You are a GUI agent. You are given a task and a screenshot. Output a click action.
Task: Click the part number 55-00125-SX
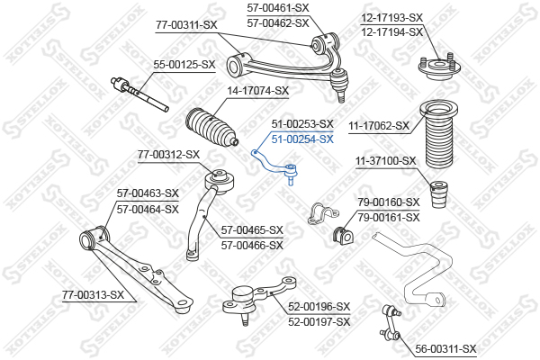pos(184,65)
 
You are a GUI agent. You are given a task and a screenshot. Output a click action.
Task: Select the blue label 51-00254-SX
pos(302,139)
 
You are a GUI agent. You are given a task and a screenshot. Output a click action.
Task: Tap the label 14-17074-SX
pos(257,91)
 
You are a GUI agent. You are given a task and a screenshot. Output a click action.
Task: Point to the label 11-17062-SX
pos(379,126)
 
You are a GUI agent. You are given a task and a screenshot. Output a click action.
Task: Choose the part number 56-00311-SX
pos(445,349)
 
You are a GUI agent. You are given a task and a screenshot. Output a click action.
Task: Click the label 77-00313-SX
pos(93,295)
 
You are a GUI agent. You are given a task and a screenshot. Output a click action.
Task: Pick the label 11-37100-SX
pos(386,160)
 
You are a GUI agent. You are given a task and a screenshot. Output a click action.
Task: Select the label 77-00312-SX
pos(169,154)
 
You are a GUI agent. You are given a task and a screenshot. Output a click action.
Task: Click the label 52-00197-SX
pos(319,322)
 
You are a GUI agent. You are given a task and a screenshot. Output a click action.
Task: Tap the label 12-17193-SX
pos(391,17)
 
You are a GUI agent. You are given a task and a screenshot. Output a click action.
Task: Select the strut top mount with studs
pos(439,67)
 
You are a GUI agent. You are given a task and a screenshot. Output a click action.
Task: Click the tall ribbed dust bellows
pos(439,135)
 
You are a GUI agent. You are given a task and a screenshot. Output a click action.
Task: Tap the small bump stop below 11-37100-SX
pos(439,194)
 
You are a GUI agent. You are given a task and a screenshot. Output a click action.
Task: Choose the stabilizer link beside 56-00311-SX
pos(391,322)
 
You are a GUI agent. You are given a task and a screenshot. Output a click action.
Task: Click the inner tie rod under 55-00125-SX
pos(139,94)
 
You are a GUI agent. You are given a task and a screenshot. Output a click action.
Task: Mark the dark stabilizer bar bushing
pos(343,236)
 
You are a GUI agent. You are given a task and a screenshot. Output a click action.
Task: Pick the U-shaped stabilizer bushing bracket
pos(323,213)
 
